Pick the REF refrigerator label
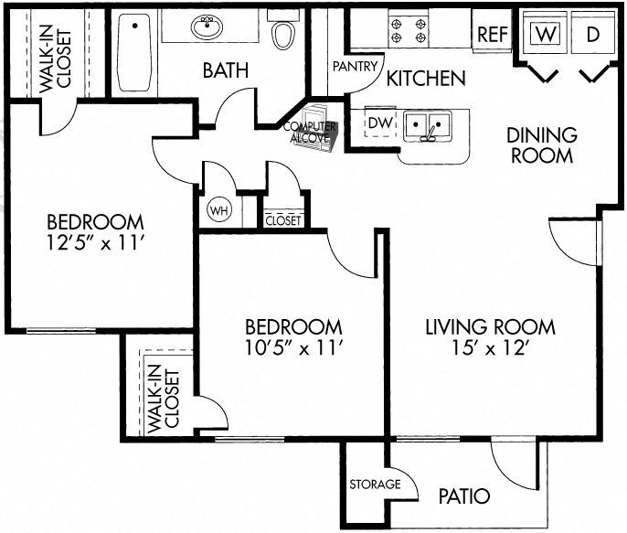point(492,36)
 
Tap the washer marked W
point(546,35)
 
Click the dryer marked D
point(592,35)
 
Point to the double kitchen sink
point(425,125)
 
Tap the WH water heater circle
point(218,208)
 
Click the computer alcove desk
point(311,133)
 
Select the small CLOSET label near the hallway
point(282,220)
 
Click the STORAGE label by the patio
point(375,484)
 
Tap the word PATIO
point(463,496)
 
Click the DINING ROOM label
point(542,145)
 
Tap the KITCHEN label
point(425,79)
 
